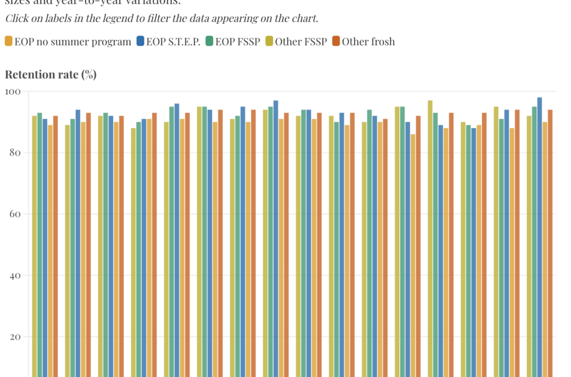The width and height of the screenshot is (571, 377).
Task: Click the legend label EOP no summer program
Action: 73,41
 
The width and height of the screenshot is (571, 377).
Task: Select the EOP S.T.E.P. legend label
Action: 173,41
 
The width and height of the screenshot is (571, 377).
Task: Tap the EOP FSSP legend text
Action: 238,41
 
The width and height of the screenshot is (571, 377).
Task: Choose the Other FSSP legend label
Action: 297,41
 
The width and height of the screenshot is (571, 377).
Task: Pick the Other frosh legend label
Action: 368,41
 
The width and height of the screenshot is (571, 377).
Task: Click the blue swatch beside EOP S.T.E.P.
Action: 140,41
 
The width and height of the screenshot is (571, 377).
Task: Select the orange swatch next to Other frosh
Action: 336,41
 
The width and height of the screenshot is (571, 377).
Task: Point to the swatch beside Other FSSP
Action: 269,41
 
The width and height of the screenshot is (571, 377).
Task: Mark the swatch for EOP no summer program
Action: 9,41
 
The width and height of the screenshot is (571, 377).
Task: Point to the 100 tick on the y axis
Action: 13,91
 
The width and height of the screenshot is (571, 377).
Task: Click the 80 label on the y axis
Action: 15,153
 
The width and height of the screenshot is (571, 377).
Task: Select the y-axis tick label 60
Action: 15,214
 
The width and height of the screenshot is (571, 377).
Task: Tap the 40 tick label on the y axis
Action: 15,276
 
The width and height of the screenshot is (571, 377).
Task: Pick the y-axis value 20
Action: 15,337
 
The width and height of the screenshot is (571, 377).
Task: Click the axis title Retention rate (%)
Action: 51,75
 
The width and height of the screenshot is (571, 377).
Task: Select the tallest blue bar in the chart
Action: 540,233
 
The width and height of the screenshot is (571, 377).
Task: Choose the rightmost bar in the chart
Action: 550,233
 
